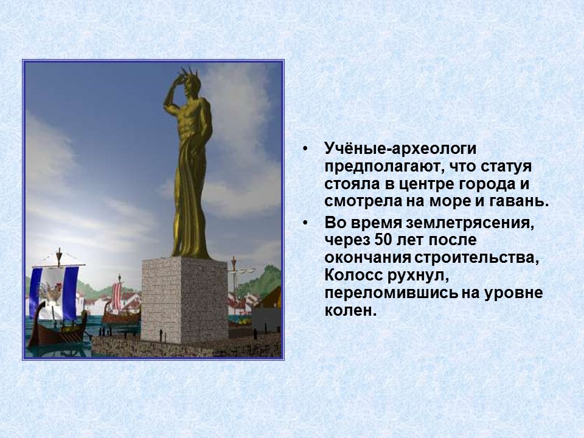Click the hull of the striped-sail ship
pyautogui.click(x=119, y=316)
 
